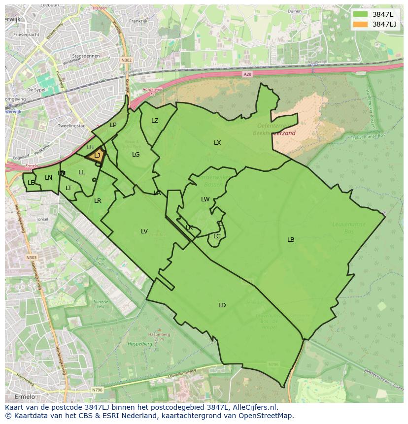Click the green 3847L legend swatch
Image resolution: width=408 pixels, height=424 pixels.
360,14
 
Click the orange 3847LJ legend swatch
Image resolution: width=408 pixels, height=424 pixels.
360,24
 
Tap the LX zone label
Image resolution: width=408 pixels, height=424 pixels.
217,143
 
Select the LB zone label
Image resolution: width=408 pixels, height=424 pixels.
291,240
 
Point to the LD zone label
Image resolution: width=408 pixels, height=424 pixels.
222,305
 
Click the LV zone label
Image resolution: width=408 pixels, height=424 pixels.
144,231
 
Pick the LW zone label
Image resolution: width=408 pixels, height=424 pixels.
205,199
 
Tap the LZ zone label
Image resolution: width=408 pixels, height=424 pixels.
155,121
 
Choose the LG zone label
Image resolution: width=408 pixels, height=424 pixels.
136,155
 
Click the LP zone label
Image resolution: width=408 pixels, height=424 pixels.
113,125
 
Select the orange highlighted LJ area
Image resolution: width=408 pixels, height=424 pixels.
97,156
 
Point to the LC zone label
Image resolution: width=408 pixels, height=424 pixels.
217,236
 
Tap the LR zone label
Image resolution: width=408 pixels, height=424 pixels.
98,201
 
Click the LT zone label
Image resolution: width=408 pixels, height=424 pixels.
68,188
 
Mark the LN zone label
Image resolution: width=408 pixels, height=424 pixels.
48,178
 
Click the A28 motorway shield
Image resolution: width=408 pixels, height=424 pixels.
247,74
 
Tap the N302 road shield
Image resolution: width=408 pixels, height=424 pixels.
127,60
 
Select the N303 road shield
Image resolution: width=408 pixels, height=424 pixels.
31,258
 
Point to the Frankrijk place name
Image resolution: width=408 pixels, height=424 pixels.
138,21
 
